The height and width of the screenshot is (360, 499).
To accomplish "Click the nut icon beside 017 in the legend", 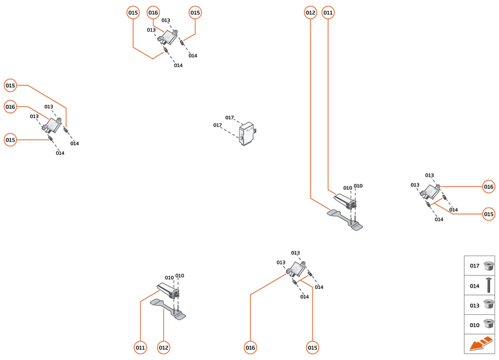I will [x=489, y=265].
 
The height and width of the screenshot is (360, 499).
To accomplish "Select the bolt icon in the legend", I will [x=489, y=285].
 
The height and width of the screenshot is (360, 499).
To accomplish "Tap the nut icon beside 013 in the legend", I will [x=489, y=305].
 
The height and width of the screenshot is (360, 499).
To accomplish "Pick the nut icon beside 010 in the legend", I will [x=489, y=325].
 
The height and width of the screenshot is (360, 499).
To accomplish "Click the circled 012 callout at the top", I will [x=311, y=12].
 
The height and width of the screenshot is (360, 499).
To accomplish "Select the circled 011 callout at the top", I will [x=328, y=12].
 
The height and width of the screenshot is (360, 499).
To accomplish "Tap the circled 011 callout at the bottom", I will [x=140, y=348].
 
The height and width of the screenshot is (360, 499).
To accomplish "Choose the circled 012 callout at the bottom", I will [x=163, y=348].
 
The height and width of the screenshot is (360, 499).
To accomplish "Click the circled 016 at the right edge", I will [x=489, y=186].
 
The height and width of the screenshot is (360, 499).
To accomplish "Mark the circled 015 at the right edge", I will [x=489, y=214].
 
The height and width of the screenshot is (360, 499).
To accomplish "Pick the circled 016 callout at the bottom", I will [x=250, y=348].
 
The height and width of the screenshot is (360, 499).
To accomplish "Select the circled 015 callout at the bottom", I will [x=313, y=348].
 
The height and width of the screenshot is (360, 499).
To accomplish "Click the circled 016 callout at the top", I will [x=153, y=12].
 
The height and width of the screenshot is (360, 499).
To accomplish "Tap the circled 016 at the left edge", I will [x=10, y=106].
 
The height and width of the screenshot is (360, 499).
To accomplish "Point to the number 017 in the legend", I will [x=474, y=266].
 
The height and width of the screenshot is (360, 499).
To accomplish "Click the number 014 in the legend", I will [x=474, y=285].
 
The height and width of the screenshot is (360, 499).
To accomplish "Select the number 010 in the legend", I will [x=474, y=325].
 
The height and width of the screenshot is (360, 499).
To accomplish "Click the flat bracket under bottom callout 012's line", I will [x=168, y=308].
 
